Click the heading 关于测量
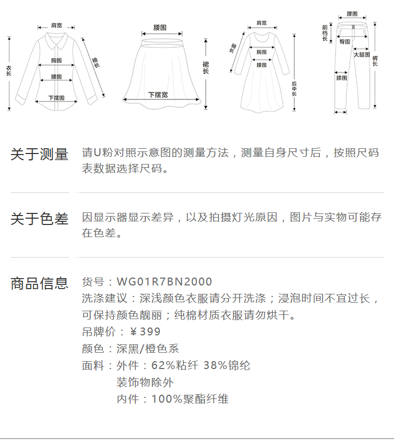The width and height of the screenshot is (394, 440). [x=39, y=155]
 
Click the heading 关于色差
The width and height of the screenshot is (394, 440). [x=39, y=219]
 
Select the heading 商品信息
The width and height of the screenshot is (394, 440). [x=39, y=283]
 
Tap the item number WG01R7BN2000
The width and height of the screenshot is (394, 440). [x=164, y=282]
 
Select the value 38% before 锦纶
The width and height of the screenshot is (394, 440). [x=213, y=365]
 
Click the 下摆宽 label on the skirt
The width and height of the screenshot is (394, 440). [x=158, y=95]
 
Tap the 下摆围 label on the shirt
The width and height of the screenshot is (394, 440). [x=56, y=98]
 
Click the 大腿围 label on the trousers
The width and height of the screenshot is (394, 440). [x=361, y=55]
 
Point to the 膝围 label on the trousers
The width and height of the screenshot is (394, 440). [x=341, y=78]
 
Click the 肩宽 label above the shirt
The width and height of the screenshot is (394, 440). [x=56, y=25]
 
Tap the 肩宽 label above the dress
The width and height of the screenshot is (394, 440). [x=261, y=23]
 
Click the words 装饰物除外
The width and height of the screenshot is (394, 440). [x=144, y=382]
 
